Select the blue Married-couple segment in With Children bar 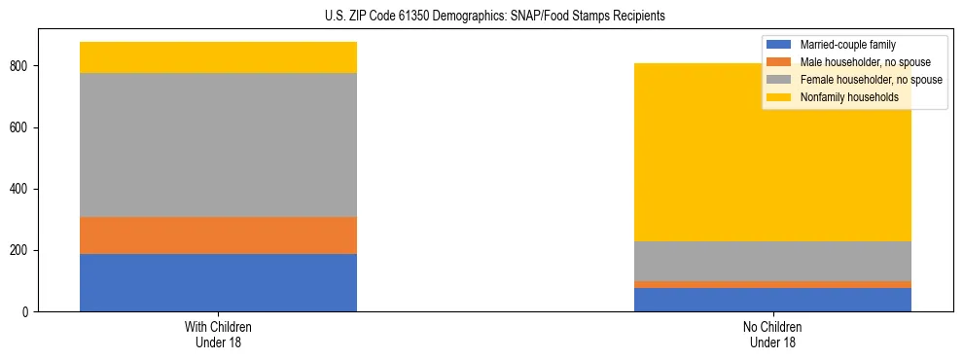218,282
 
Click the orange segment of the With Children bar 218,234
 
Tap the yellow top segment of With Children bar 218,57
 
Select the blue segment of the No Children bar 772,300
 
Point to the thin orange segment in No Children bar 772,284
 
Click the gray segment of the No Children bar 772,261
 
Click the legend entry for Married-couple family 847,45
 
